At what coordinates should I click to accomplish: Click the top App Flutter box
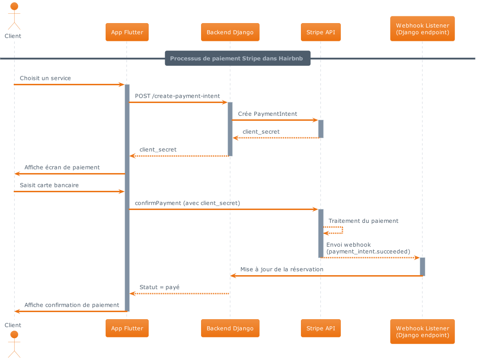coord(127,32)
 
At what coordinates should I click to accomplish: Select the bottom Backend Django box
coord(230,328)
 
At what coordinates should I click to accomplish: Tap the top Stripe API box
coord(320,32)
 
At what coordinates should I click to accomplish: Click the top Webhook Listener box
coord(422,29)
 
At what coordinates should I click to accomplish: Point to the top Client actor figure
coord(14,16)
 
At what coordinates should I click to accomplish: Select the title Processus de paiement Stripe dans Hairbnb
coord(237,58)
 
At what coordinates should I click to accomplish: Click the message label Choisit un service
coord(45,78)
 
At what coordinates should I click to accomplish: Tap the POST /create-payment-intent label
coord(178,96)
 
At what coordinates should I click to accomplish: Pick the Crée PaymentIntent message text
coord(268,114)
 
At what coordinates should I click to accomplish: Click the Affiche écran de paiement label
coord(62,167)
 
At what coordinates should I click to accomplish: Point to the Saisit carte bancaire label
coord(49,185)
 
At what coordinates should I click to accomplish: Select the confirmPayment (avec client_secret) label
coord(187,203)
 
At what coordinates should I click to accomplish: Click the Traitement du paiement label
coord(363,221)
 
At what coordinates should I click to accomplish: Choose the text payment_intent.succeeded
coord(368,251)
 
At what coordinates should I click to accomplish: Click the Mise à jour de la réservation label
coord(281,269)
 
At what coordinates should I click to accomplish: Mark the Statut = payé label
coord(159,287)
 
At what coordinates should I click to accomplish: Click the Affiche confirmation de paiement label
coord(72,305)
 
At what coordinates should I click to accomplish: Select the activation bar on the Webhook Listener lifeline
coord(422,266)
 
